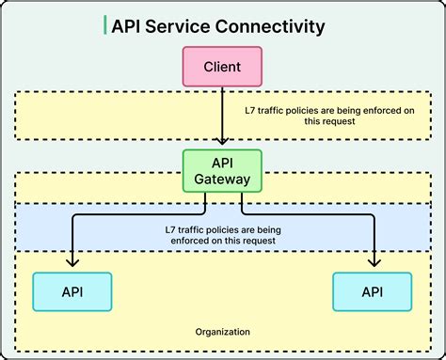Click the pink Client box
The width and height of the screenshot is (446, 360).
[x=221, y=67]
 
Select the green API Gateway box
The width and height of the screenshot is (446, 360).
[x=221, y=169]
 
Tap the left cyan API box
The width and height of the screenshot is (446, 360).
[x=72, y=291]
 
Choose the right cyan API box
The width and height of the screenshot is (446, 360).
[x=372, y=291]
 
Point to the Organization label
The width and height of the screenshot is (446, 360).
[x=222, y=332]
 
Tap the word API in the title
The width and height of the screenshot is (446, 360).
[x=127, y=26]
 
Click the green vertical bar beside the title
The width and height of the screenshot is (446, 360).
[x=104, y=25]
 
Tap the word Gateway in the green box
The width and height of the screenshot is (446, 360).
[x=221, y=178]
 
